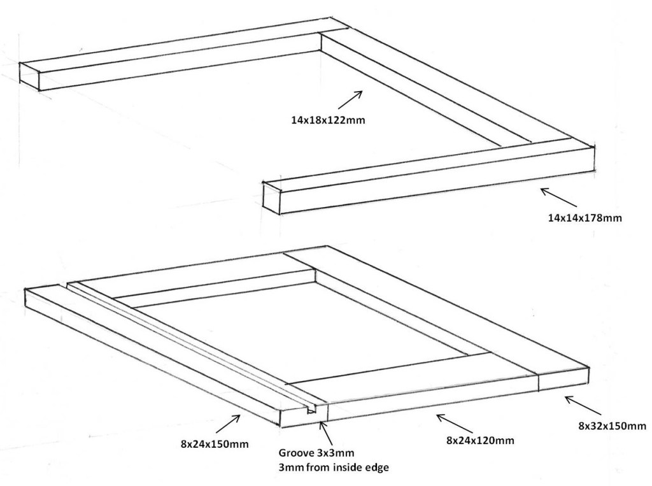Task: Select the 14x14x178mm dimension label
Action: tap(584, 218)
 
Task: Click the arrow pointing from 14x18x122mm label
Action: tap(351, 101)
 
